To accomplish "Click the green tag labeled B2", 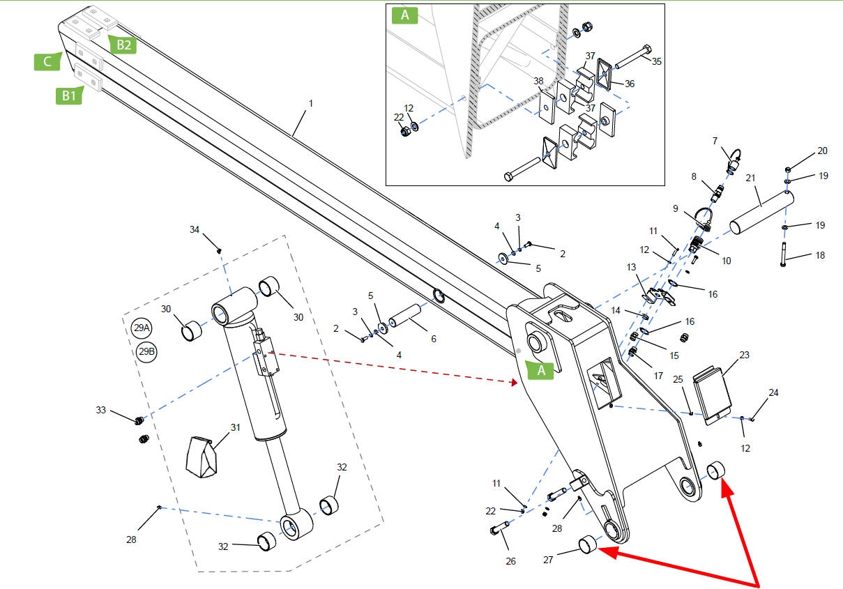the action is [123, 45].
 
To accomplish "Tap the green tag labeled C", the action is [47, 61].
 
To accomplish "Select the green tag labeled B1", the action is [69, 95].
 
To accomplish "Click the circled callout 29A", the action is [142, 328].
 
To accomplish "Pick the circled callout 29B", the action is [146, 352].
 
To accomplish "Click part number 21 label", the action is [750, 178].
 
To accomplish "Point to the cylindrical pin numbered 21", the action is [761, 213].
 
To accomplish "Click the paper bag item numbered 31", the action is [202, 457].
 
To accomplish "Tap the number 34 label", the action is [195, 229].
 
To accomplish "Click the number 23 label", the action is [744, 355].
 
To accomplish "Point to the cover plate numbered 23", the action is [713, 395].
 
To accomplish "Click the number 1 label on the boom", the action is [311, 103].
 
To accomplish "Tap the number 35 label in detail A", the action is [656, 61].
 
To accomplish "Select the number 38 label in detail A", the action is [538, 81].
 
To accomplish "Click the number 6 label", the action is [434, 339].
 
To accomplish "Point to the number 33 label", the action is [100, 410].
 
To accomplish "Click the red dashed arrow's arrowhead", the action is [514, 382].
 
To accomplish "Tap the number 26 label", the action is [510, 561].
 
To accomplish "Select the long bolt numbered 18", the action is [784, 254].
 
